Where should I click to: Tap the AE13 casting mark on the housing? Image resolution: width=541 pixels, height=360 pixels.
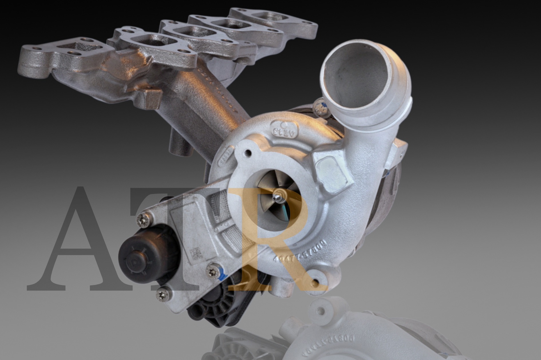(x=285, y=130)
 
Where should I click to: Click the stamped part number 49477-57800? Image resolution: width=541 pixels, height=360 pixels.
(x=301, y=251)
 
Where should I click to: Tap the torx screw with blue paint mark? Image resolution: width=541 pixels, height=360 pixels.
(x=214, y=270)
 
